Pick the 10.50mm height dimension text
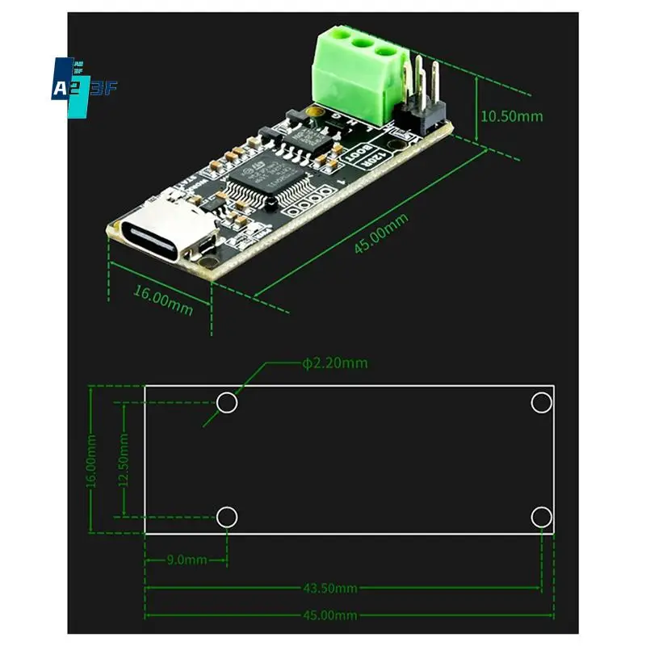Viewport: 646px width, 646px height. (512, 115)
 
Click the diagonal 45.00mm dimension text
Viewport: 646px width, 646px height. (381, 234)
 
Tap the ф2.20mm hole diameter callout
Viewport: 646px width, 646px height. (335, 363)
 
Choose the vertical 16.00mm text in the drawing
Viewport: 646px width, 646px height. (91, 460)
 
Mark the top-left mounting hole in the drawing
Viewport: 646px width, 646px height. (228, 401)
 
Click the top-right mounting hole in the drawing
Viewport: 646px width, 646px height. (539, 401)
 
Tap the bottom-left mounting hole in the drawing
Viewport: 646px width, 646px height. (228, 517)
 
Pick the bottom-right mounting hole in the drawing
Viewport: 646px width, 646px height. (539, 517)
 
